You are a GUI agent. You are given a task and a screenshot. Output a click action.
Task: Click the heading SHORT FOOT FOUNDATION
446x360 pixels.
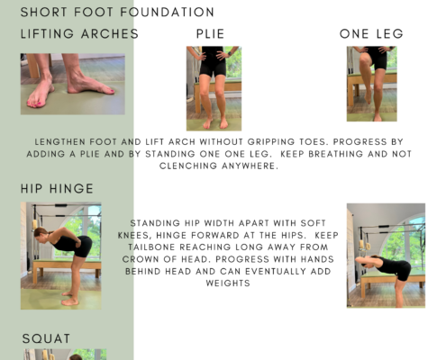[x=117, y=13]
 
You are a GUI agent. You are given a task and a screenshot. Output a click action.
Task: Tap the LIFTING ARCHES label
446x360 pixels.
[x=79, y=33]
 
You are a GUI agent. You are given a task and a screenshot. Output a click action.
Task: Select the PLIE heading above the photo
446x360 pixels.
[x=210, y=33]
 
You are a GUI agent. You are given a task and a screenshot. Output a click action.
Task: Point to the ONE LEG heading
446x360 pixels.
[x=371, y=33]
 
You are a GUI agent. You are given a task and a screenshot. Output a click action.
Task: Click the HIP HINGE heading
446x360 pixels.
[x=57, y=189]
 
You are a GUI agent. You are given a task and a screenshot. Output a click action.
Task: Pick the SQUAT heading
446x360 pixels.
[x=46, y=338]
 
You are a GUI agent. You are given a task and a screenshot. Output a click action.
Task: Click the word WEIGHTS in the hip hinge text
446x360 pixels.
[x=228, y=283]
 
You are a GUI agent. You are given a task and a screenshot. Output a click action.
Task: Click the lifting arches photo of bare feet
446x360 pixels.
[x=73, y=84]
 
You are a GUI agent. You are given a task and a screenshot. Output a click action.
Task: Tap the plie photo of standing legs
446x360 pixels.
[x=214, y=88]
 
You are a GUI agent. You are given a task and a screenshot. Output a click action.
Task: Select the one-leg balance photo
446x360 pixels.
[x=372, y=84]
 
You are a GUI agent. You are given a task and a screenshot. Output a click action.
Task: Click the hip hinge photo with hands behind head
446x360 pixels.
[x=386, y=256]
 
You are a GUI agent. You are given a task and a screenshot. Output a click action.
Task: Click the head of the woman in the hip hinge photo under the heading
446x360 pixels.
[x=41, y=234]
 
